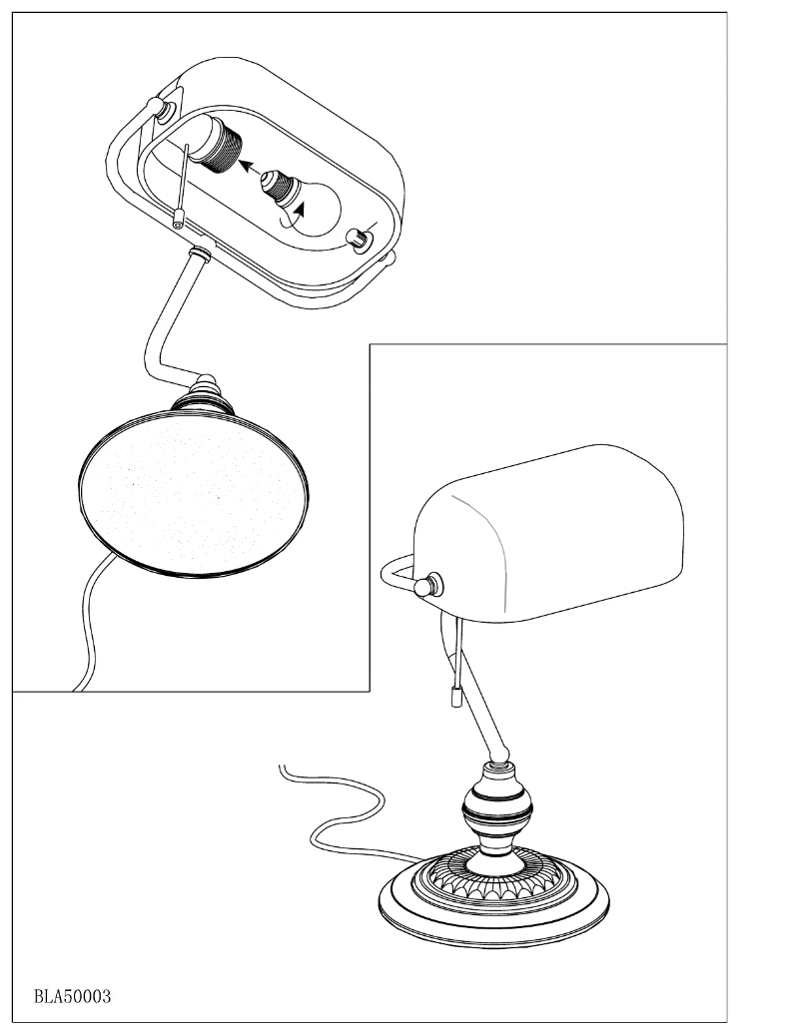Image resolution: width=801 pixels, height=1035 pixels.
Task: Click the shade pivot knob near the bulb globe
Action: (357, 239)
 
